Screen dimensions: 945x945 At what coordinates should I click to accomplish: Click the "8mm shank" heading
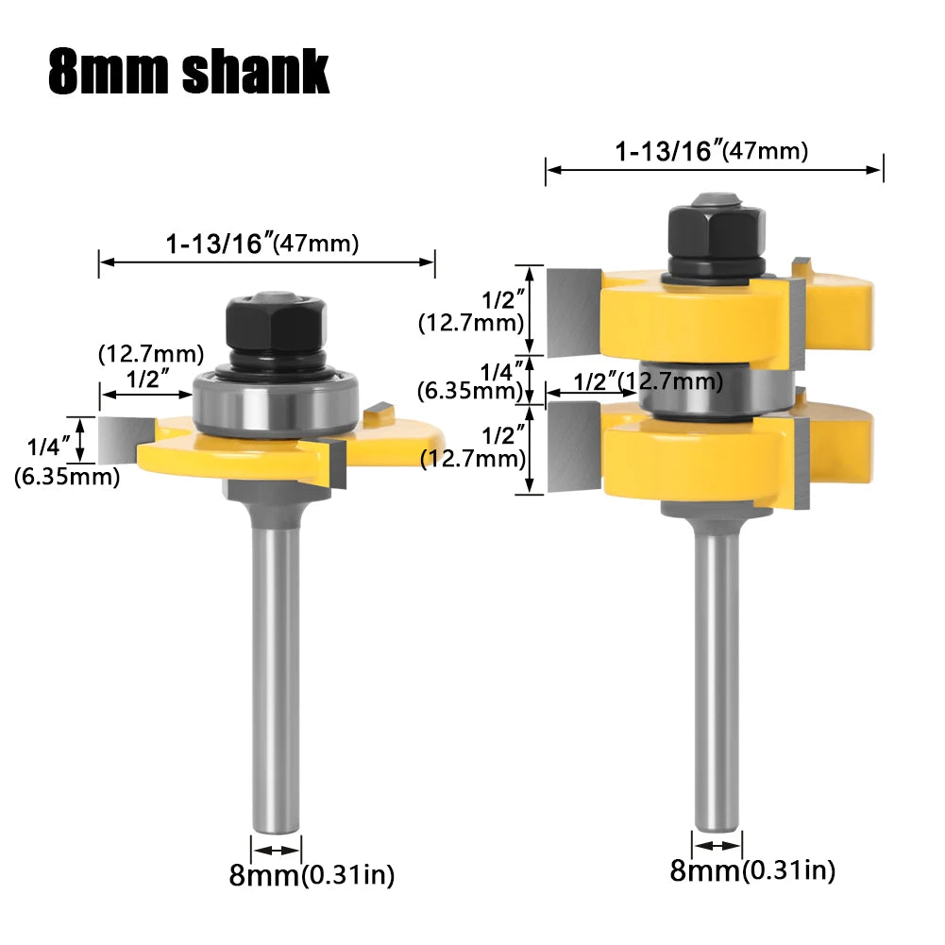(189, 71)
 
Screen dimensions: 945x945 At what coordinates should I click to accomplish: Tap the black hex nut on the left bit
(277, 326)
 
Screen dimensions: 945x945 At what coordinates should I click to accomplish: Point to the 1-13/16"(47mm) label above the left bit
(262, 245)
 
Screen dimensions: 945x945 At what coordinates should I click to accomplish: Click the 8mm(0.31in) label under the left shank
(312, 874)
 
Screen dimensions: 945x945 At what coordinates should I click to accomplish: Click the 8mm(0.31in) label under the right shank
(752, 870)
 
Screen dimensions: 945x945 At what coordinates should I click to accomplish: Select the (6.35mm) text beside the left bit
(67, 477)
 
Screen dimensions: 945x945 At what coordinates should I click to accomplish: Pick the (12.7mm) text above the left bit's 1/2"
(151, 355)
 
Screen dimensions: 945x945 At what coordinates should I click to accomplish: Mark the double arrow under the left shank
(276, 848)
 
